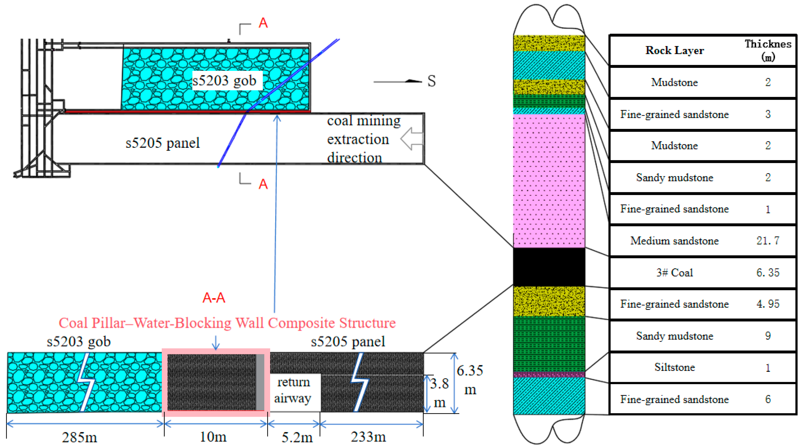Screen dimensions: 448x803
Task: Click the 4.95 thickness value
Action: (768, 304)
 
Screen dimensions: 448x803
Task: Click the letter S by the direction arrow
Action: (431, 81)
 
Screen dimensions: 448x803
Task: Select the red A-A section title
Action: (214, 298)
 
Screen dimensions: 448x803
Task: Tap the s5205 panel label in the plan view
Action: (162, 143)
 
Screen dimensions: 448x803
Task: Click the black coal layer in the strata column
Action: (549, 267)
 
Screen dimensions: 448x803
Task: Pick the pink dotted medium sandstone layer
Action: (549, 181)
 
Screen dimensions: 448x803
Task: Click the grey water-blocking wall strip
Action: (260, 382)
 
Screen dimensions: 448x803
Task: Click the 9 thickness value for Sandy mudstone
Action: (768, 336)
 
